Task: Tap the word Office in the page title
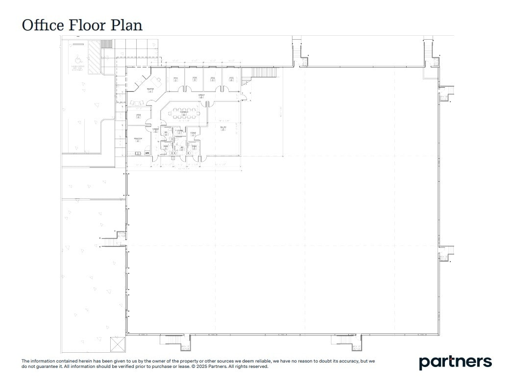pos(43,25)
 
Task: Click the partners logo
pos(455,362)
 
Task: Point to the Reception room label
pos(150,89)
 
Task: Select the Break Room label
pos(138,139)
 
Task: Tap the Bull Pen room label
pos(223,128)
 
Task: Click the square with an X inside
pos(118,344)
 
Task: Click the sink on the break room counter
pos(147,153)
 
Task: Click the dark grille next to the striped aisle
pos(107,44)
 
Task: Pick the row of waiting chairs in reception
pos(136,102)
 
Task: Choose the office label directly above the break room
pos(138,116)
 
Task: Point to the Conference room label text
pos(184,112)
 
